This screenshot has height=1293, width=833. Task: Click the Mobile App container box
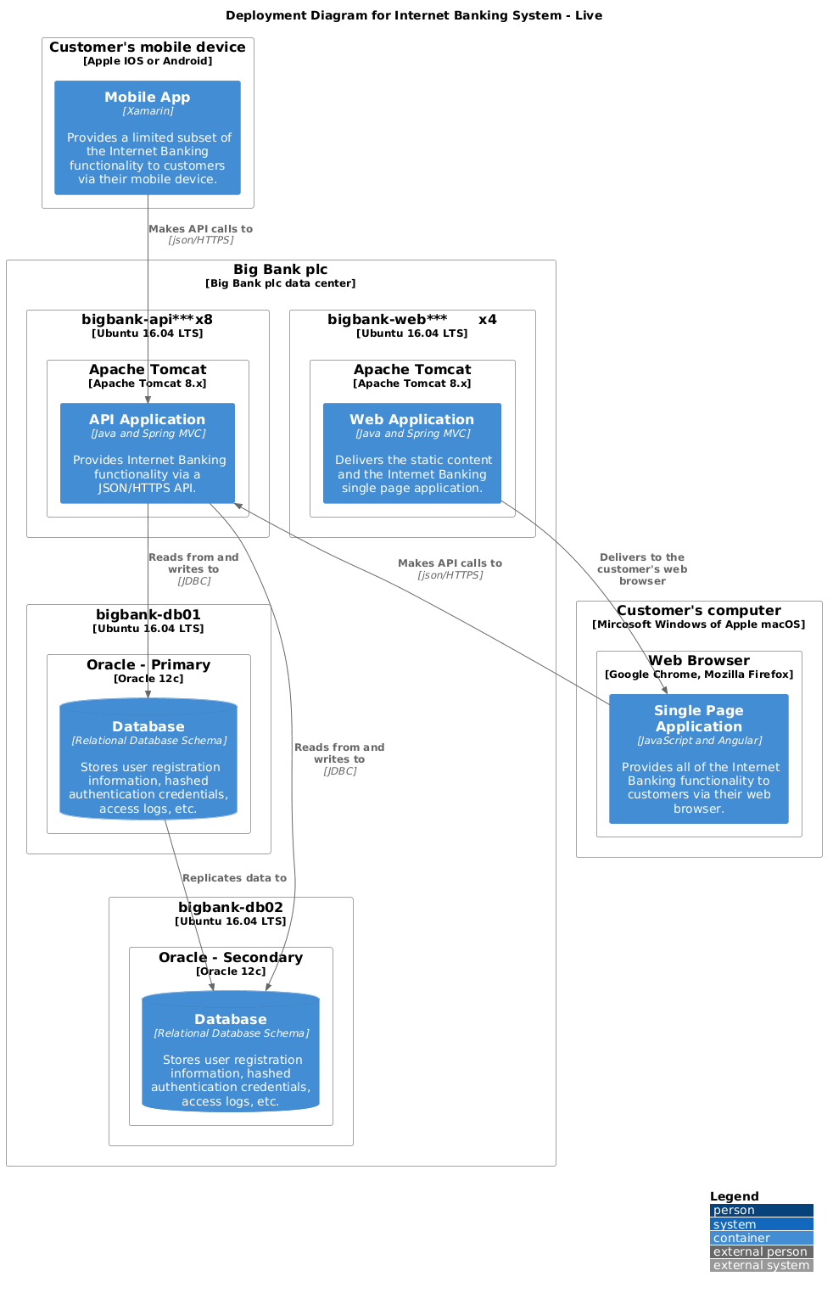click(x=148, y=137)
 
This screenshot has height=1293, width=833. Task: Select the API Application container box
click(x=148, y=453)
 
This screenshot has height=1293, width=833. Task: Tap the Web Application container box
click(x=412, y=453)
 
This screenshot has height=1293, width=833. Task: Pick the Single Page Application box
click(x=698, y=758)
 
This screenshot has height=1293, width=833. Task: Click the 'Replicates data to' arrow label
click(x=234, y=878)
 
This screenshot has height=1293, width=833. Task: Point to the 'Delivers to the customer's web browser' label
click(x=642, y=569)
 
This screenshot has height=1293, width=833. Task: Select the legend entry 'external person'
click(x=761, y=1251)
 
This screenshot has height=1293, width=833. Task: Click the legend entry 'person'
click(x=761, y=1210)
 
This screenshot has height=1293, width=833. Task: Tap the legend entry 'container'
click(x=761, y=1238)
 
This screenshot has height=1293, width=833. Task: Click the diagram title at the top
click(x=414, y=15)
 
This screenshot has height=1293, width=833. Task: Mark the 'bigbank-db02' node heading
click(x=231, y=908)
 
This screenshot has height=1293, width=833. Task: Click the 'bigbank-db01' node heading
click(x=148, y=615)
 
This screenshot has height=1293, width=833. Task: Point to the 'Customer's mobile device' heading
click(x=148, y=48)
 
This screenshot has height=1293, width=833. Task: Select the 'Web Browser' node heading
click(x=699, y=661)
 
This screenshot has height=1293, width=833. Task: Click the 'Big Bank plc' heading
click(x=281, y=270)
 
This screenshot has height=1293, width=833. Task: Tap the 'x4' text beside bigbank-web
click(x=487, y=320)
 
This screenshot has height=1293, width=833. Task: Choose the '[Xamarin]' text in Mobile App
click(x=148, y=111)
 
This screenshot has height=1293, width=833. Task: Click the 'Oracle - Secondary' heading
click(x=231, y=958)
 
